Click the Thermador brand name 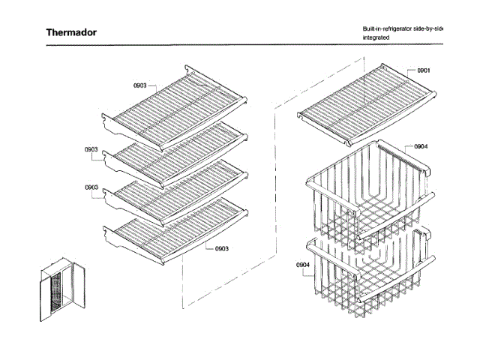(71, 32)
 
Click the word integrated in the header (376, 37)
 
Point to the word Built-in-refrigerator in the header (387, 28)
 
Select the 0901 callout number (424, 70)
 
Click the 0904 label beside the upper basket (421, 146)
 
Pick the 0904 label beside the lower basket (302, 265)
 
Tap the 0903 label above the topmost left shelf (140, 86)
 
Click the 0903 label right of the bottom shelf (222, 248)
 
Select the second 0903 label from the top (91, 149)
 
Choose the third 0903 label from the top (91, 187)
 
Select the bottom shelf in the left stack (176, 229)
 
